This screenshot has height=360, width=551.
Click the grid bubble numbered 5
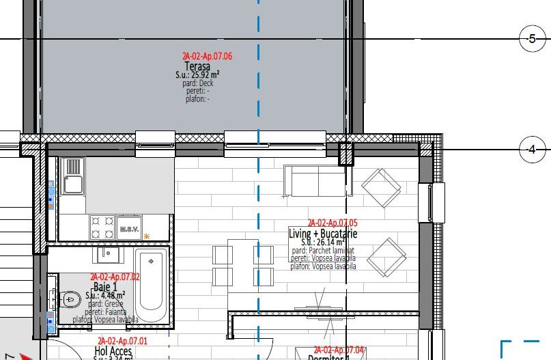[532, 39]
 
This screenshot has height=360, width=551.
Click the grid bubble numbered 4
[532, 149]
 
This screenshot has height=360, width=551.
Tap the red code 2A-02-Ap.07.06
[207, 57]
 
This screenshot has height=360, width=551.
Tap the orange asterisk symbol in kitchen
[146, 236]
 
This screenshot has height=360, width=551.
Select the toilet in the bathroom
[70, 298]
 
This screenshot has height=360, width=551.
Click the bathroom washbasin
[107, 255]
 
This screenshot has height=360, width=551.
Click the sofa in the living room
[315, 181]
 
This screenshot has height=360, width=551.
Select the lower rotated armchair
[386, 255]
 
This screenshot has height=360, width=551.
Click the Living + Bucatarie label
[323, 234]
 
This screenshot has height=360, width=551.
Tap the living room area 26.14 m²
[323, 242]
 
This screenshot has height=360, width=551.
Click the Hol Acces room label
[113, 351]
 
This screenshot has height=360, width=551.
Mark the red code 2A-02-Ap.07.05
[333, 223]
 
